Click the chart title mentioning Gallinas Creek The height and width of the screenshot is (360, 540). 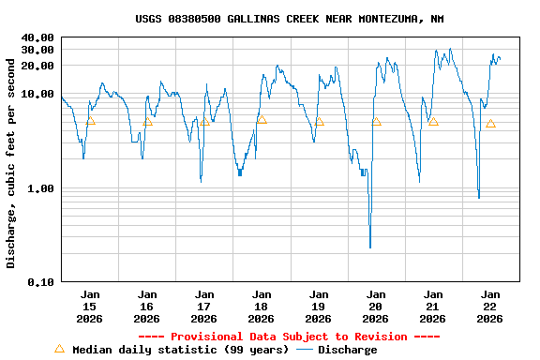click(289, 19)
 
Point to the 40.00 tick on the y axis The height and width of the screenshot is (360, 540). click(37, 37)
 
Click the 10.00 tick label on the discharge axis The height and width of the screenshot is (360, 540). click(37, 94)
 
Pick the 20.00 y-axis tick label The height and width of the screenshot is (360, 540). click(37, 66)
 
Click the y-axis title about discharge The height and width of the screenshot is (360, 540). click(11, 163)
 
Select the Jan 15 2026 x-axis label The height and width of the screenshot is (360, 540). click(90, 307)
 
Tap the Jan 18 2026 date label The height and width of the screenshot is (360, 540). click(262, 307)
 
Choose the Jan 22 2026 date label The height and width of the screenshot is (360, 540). click(490, 307)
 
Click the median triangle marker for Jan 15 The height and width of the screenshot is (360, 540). click(90, 121)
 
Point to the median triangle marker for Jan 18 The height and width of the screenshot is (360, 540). click(262, 120)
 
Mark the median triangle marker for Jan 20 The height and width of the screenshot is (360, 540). click(376, 122)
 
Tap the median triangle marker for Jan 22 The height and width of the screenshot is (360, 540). click(490, 124)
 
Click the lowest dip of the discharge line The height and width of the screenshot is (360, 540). click(370, 247)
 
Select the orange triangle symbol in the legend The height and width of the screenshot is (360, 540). click(59, 349)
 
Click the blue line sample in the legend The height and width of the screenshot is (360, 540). click(305, 350)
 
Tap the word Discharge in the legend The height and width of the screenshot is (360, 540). click(348, 350)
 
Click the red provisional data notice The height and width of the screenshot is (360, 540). click(289, 337)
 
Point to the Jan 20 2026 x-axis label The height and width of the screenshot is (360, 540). click(376, 307)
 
